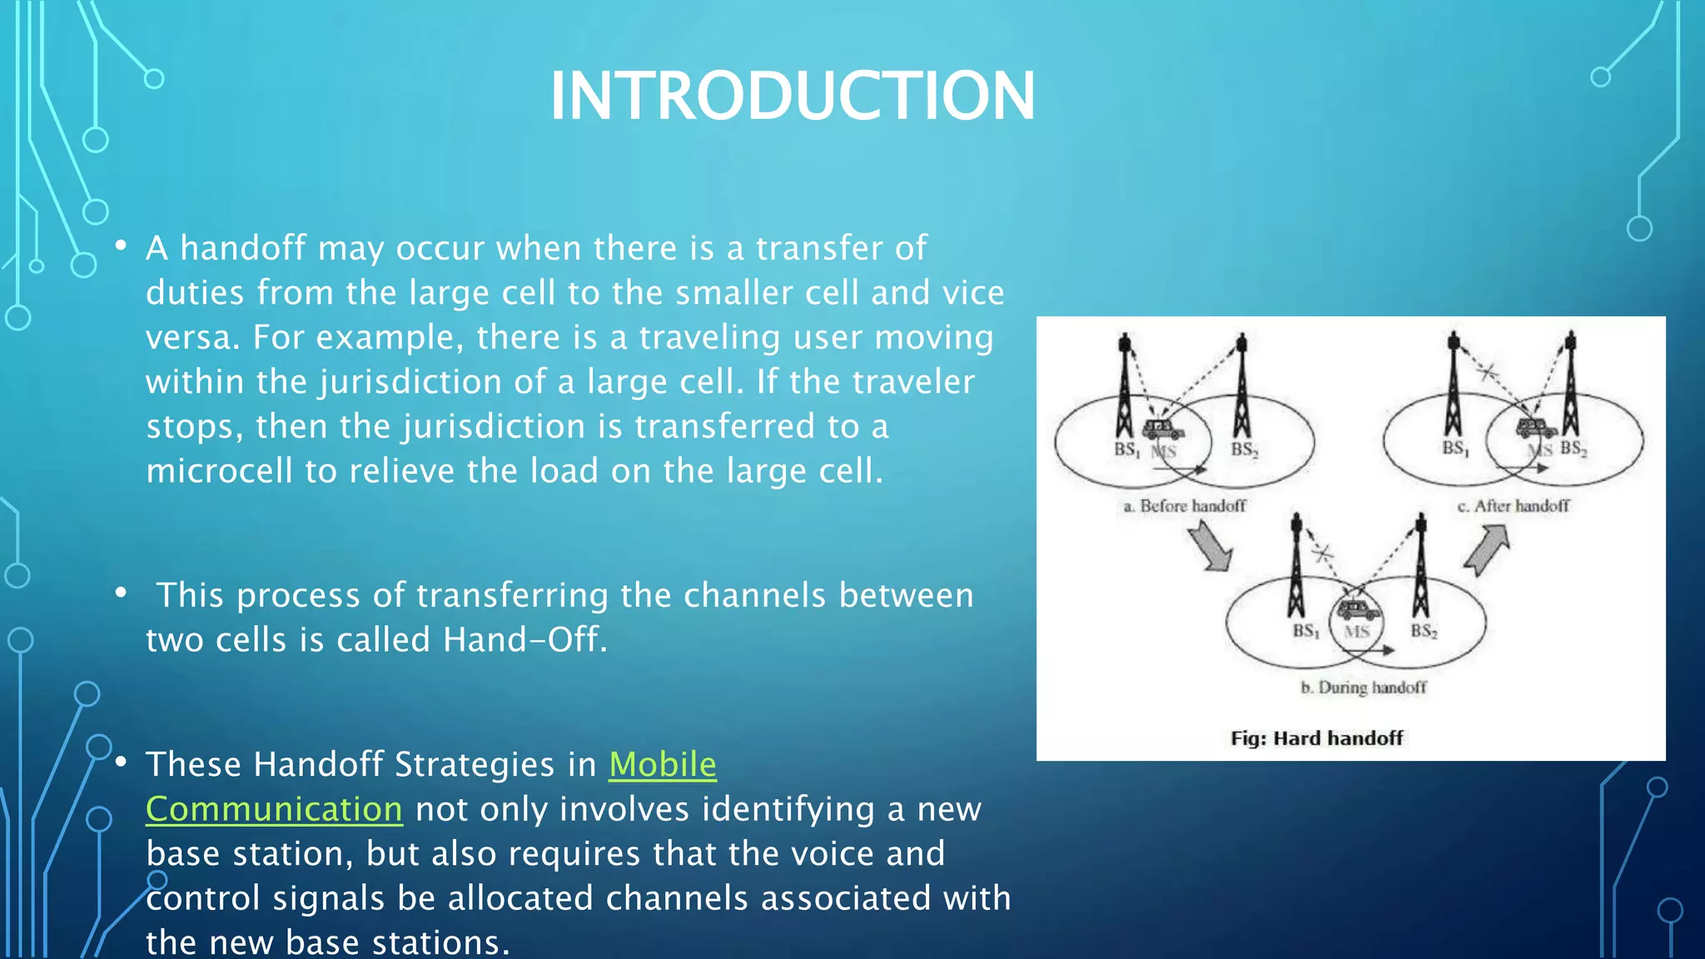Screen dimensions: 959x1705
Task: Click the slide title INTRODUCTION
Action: pos(793,96)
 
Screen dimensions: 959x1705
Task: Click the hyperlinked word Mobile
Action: pos(662,764)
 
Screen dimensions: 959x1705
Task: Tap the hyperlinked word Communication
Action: pos(274,809)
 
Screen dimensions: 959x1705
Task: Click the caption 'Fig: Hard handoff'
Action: pos(1316,738)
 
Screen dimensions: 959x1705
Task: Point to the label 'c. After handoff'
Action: pos(1513,506)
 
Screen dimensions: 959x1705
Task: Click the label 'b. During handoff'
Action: pos(1363,688)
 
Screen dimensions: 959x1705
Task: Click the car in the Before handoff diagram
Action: pos(1163,430)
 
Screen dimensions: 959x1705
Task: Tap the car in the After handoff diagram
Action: pos(1536,429)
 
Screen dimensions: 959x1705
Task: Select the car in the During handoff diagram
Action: pos(1358,610)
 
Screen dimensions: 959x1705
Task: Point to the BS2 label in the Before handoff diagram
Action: pos(1244,450)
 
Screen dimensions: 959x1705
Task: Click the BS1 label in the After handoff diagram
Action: pos(1455,449)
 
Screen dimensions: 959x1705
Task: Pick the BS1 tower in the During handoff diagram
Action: pos(1296,566)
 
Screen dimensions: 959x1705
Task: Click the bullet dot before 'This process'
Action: pos(122,593)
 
